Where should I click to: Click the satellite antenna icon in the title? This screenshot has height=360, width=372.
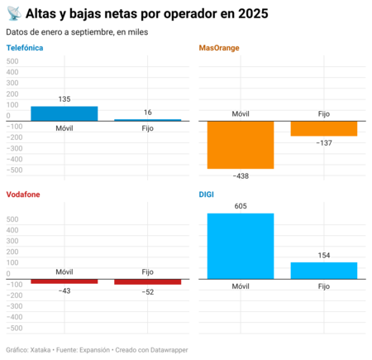pyautogui.click(x=12, y=13)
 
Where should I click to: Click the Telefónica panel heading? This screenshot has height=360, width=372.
pyautogui.click(x=25, y=48)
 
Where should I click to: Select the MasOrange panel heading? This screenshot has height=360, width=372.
pyautogui.click(x=219, y=48)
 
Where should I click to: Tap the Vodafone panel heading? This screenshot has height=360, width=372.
pyautogui.click(x=23, y=194)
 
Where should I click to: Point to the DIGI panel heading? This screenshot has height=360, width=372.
pyautogui.click(x=207, y=194)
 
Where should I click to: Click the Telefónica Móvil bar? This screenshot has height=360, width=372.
pyautogui.click(x=64, y=113)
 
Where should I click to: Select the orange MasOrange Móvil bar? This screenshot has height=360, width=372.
pyautogui.click(x=241, y=145)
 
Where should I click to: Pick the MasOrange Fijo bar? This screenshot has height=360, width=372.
pyautogui.click(x=324, y=128)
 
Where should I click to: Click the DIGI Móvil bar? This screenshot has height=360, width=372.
pyautogui.click(x=241, y=246)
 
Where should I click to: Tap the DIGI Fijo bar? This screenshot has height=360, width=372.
pyautogui.click(x=324, y=270)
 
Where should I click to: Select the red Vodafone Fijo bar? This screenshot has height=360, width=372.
pyautogui.click(x=148, y=282)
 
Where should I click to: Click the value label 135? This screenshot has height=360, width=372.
pyautogui.click(x=64, y=99)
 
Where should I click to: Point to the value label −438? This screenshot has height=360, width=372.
pyautogui.click(x=241, y=176)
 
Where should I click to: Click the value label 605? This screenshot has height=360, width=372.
pyautogui.click(x=241, y=206)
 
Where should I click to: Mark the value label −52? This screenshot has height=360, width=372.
pyautogui.click(x=148, y=292)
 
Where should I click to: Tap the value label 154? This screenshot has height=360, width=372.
pyautogui.click(x=324, y=256)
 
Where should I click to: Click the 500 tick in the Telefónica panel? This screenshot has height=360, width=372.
pyautogui.click(x=12, y=61)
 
